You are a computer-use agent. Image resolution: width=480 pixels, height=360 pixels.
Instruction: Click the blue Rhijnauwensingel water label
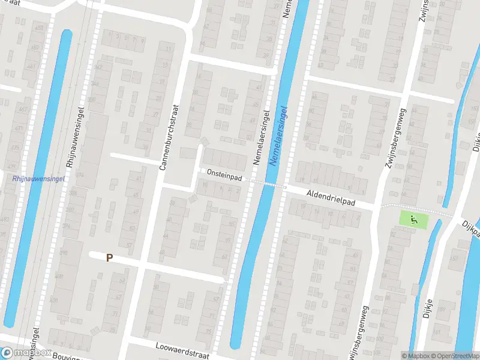pos(38,178)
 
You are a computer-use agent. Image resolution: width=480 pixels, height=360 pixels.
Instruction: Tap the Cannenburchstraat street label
pos(169,136)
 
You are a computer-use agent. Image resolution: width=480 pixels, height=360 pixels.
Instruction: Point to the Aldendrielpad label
pos(331,199)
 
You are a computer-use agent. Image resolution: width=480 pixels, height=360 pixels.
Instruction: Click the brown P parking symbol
pos(109,257)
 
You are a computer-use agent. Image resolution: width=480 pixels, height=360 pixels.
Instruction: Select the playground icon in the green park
pos(413,220)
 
